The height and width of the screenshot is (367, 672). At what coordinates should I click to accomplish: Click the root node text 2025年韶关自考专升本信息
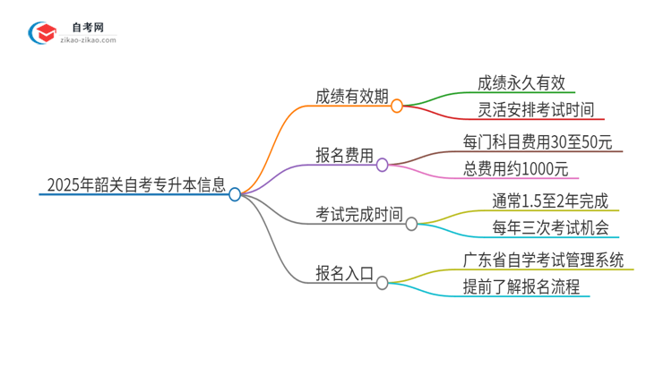click(134, 185)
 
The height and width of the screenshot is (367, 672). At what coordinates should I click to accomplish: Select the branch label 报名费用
click(344, 156)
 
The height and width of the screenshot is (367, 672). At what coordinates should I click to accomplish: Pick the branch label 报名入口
click(344, 273)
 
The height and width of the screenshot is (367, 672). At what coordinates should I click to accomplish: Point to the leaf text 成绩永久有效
click(521, 82)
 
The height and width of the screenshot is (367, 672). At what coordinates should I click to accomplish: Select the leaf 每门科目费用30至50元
click(538, 141)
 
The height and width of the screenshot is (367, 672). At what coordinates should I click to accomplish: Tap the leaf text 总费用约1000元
click(515, 169)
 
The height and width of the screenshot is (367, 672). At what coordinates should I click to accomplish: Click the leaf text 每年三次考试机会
click(538, 228)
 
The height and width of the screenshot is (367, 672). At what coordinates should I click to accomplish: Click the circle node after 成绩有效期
click(398, 105)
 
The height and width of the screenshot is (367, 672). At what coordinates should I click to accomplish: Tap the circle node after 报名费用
click(383, 164)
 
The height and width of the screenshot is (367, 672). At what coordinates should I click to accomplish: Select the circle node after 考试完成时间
click(412, 224)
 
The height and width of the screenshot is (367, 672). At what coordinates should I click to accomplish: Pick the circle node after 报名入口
click(383, 282)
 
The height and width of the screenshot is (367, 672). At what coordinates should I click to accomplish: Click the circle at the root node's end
click(235, 193)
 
